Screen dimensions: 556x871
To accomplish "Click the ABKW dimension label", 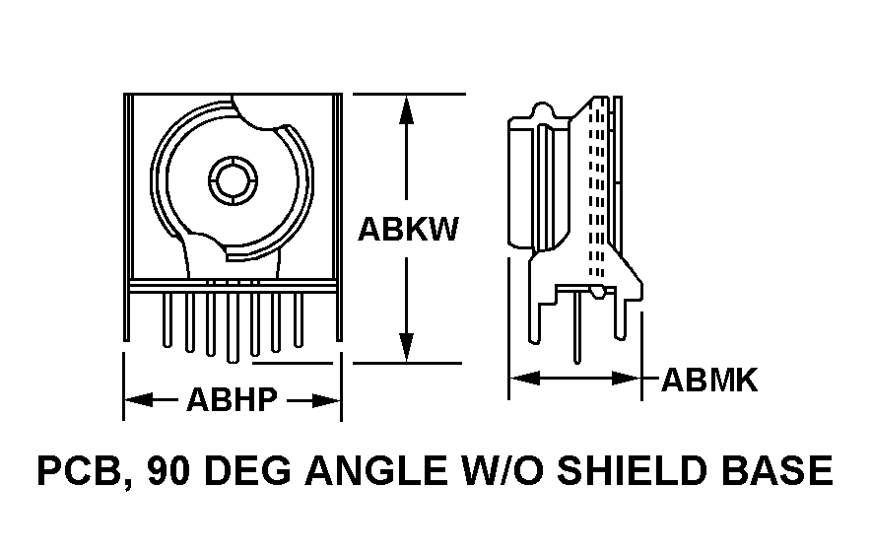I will (x=408, y=230).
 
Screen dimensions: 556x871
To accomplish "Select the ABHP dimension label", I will (x=231, y=400).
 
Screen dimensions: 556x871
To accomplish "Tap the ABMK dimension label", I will (x=708, y=381).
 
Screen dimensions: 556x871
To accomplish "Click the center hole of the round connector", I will (x=234, y=180).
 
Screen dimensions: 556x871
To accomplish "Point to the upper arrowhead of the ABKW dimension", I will (x=405, y=108).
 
